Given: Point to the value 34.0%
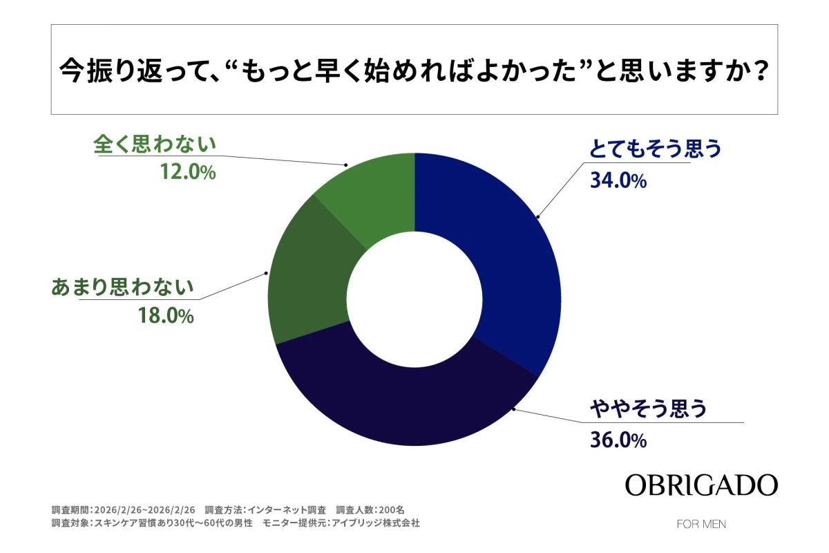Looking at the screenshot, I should coord(618,181).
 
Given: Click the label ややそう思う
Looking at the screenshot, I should coord(648,410).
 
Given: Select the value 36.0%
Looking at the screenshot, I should coord(618,440).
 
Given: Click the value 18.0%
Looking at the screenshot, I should coord(165,317).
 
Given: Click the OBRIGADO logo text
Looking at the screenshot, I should coord(701,485).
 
